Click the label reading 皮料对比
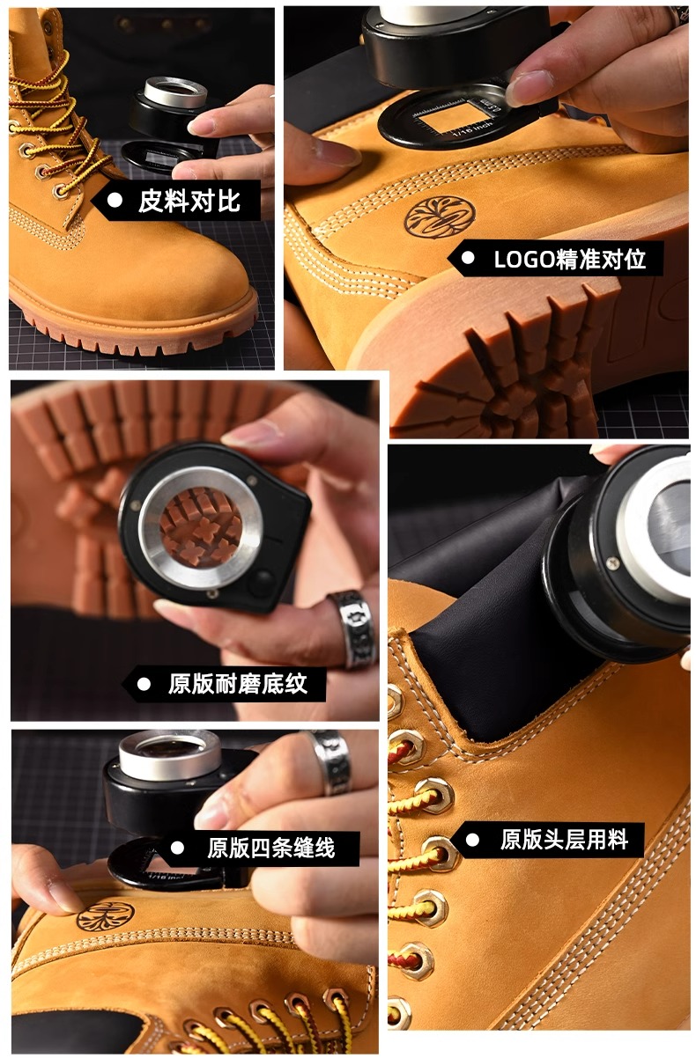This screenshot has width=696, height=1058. click(189, 202)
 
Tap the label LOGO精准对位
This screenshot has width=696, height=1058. click(569, 259)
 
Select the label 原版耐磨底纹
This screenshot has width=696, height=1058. click(238, 683)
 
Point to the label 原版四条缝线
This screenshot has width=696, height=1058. click(271, 848)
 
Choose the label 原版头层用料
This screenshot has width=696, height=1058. click(564, 840)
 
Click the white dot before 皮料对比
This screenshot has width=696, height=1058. click(115, 201)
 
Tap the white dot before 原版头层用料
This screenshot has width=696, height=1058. click(472, 840)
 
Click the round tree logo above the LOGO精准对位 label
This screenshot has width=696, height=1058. click(440, 217)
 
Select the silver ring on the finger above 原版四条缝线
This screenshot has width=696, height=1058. click(331, 762)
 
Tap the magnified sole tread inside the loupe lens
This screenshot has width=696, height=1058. click(201, 526)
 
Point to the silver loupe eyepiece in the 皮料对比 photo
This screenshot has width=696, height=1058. click(175, 92)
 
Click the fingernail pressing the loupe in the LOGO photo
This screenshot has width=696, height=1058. click(529, 87)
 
